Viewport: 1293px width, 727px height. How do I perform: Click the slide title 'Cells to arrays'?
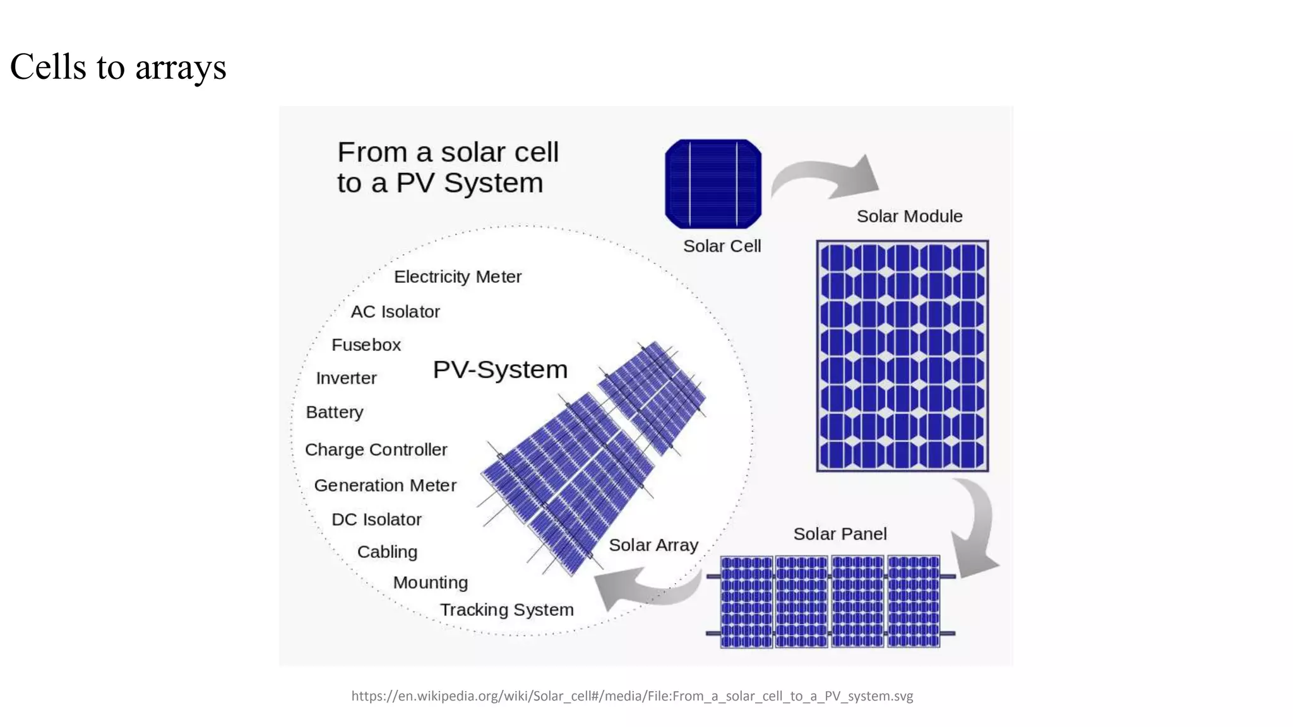(x=118, y=67)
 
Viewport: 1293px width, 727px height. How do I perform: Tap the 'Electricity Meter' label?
(x=458, y=276)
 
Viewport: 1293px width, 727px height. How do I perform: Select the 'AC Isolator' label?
(x=395, y=312)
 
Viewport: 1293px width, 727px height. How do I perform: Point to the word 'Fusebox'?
(x=366, y=345)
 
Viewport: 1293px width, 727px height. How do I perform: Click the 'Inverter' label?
(x=346, y=378)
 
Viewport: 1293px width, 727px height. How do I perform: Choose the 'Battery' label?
(x=335, y=412)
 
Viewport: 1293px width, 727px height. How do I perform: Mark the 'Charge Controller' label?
(x=376, y=449)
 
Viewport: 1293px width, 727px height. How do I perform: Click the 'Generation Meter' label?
(x=385, y=485)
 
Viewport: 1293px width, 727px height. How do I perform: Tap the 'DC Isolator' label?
(x=376, y=519)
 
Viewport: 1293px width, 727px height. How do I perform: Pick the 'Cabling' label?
(x=387, y=552)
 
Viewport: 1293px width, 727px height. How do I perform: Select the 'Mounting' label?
(x=431, y=582)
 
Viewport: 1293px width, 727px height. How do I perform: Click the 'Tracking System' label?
(x=507, y=610)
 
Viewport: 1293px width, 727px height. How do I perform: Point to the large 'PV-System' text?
(x=500, y=369)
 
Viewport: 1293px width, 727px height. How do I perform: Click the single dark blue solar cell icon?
(x=713, y=184)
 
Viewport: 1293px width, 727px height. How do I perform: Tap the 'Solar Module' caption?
(x=909, y=216)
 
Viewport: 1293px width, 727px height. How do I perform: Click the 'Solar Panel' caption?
(x=840, y=534)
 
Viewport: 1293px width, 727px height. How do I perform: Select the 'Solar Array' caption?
(x=653, y=545)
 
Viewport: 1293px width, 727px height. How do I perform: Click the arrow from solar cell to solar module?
(x=827, y=175)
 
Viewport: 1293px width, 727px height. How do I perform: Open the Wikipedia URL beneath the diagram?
(x=632, y=696)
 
